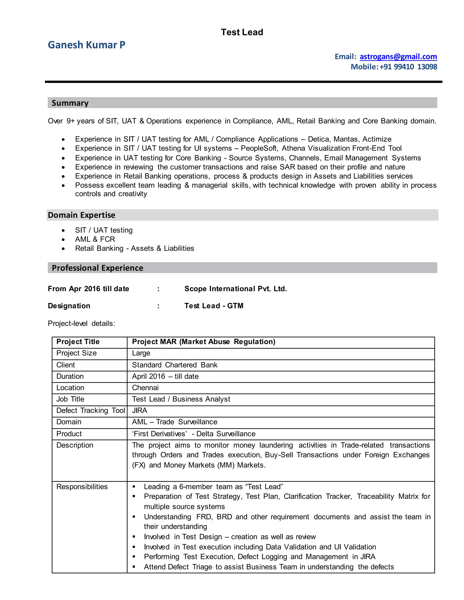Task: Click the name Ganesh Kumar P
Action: pyautogui.click(x=86, y=45)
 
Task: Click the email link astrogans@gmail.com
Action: pyautogui.click(x=398, y=57)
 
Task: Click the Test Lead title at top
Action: pyautogui.click(x=242, y=32)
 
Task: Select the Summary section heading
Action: pyautogui.click(x=70, y=103)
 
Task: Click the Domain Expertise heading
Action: pyautogui.click(x=81, y=215)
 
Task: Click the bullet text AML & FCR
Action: pyautogui.click(x=95, y=239)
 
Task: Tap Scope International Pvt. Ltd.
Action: pyautogui.click(x=236, y=289)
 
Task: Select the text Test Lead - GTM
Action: pyautogui.click(x=214, y=306)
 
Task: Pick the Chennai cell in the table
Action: pyautogui.click(x=145, y=388)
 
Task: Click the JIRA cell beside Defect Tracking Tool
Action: pyautogui.click(x=140, y=410)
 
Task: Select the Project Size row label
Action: pyautogui.click(x=76, y=353)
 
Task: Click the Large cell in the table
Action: pyautogui.click(x=141, y=353)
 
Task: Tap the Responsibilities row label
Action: pyautogui.click(x=82, y=487)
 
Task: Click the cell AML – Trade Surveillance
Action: pyautogui.click(x=174, y=422)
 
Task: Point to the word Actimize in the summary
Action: pyautogui.click(x=377, y=139)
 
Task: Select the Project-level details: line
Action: pyautogui.click(x=81, y=323)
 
